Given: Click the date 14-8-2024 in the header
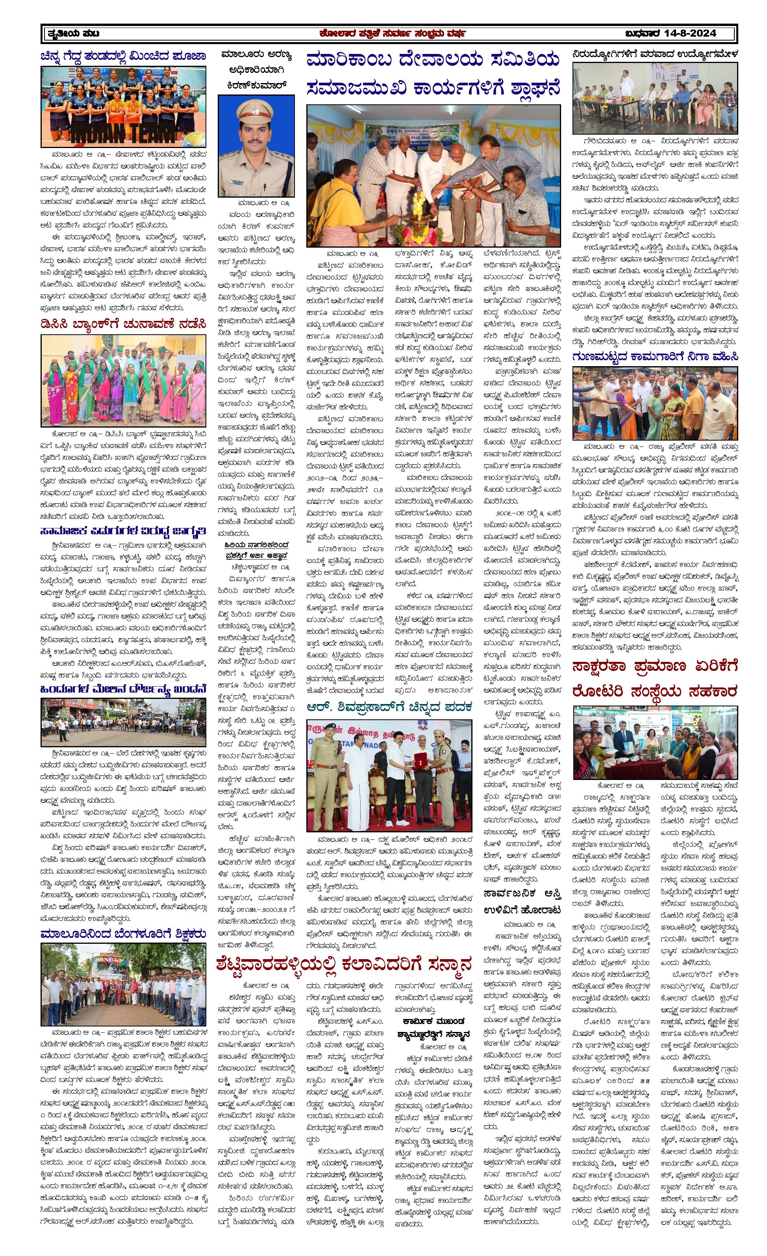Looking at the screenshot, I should click(x=690, y=33).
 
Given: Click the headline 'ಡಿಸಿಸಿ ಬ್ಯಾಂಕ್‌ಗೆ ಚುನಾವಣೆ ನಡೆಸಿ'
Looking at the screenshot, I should click(x=124, y=324).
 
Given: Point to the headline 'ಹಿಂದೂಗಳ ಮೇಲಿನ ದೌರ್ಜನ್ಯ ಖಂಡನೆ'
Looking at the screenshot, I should click(x=124, y=689).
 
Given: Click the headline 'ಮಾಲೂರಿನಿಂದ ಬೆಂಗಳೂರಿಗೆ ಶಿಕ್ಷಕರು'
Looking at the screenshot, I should click(x=124, y=934).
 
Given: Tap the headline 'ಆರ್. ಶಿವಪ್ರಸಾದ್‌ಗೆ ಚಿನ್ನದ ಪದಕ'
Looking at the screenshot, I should click(x=389, y=707).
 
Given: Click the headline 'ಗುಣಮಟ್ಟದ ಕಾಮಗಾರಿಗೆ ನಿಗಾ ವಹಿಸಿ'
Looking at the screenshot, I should click(x=655, y=356).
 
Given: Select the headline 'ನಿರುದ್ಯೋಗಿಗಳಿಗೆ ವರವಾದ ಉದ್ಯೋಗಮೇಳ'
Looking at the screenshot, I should click(x=655, y=54).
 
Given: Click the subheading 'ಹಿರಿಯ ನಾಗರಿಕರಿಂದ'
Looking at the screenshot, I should click(x=256, y=545).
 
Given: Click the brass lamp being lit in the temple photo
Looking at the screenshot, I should click(x=417, y=214).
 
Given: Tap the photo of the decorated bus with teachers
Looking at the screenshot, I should click(x=124, y=984).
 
